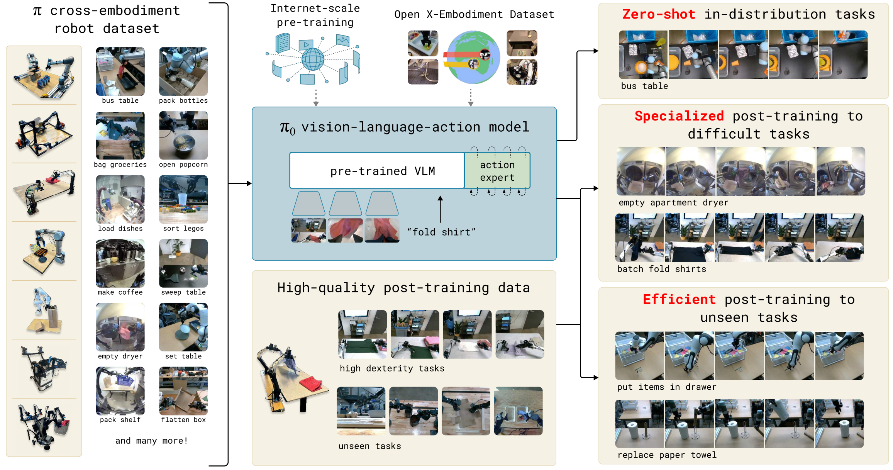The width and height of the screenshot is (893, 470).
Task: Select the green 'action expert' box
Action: (x=497, y=171)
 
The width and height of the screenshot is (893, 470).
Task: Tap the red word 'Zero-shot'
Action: (x=659, y=14)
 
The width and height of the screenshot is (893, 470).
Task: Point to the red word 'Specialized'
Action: (x=679, y=116)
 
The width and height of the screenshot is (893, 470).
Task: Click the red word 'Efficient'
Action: (x=679, y=299)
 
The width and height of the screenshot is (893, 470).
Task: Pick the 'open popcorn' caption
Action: (x=183, y=165)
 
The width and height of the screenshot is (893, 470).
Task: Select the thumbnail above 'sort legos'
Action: (x=183, y=199)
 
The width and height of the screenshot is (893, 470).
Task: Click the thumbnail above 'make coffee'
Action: (x=120, y=263)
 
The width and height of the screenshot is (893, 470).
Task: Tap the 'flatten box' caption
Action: (x=183, y=420)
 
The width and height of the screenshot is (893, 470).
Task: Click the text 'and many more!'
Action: (x=151, y=441)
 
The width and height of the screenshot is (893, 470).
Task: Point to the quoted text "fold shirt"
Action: (x=441, y=232)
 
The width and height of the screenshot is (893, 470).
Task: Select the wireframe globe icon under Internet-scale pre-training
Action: (x=313, y=59)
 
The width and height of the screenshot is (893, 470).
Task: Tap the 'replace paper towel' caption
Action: (x=667, y=455)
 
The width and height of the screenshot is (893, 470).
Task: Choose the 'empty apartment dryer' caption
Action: (x=673, y=203)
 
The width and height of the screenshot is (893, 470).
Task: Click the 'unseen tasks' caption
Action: (x=369, y=446)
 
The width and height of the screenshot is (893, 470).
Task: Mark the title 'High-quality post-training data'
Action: (x=403, y=288)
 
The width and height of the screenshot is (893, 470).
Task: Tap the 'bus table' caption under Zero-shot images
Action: (x=644, y=86)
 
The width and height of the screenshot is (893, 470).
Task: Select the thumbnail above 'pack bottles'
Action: (x=183, y=71)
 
